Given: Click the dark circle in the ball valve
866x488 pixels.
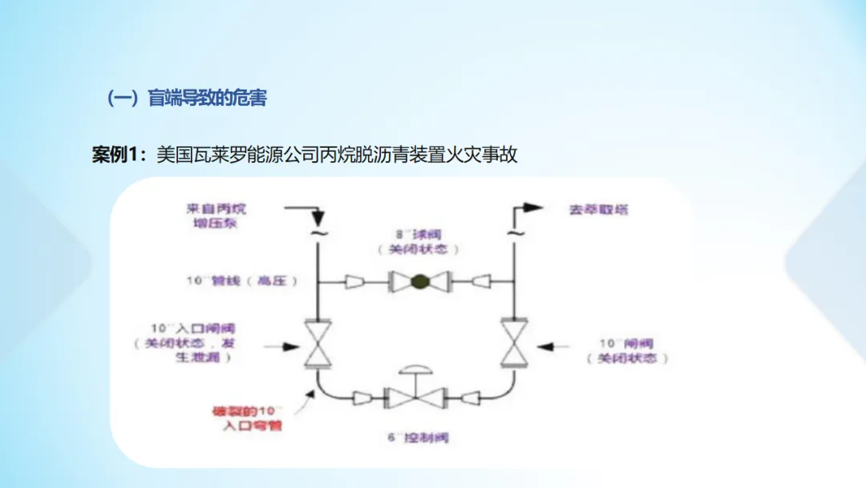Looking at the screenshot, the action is point(418,282).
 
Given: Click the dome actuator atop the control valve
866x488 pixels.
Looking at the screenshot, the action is point(415,370).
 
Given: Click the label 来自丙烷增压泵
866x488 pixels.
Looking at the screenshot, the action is point(212,215).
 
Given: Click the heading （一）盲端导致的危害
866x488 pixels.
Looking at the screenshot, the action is point(187,99).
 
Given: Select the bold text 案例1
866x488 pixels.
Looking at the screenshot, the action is point(116,155).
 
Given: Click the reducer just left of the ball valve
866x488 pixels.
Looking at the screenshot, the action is point(356,282).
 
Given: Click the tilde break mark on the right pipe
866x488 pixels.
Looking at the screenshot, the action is point(512,234).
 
